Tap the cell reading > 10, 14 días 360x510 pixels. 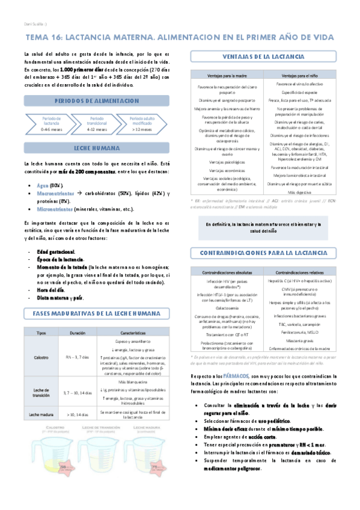point(77,414)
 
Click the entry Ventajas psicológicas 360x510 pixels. point(218,162)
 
